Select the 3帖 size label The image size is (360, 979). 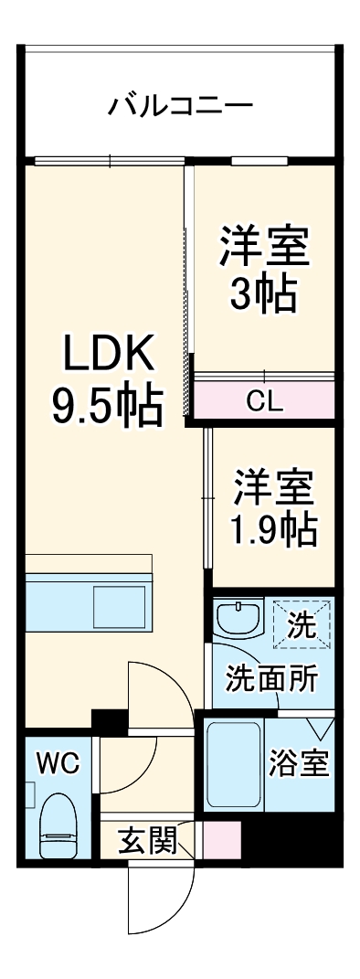(262, 294)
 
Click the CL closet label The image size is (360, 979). (265, 400)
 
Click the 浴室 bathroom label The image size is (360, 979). (299, 764)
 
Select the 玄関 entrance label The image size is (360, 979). (147, 840)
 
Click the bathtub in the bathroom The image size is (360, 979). (233, 764)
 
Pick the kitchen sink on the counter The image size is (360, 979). (119, 606)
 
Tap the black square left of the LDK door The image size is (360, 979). (109, 721)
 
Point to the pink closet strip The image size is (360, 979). (265, 400)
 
